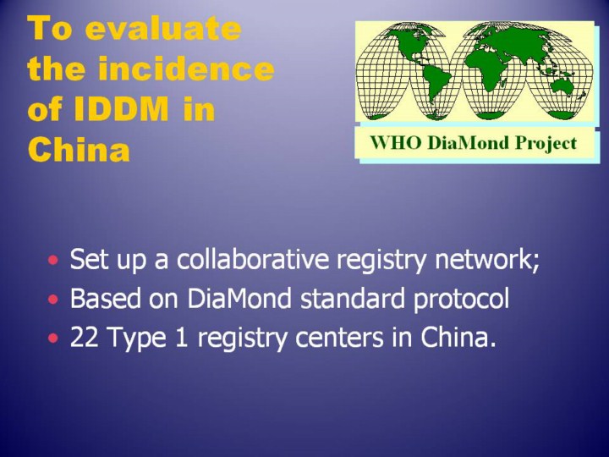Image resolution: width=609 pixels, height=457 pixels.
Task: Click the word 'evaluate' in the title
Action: click(163, 29)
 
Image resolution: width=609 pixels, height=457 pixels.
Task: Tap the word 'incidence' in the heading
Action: click(186, 69)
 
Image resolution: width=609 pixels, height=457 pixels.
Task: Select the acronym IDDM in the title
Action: click(120, 108)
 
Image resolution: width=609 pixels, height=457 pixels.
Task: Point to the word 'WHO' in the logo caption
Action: click(396, 143)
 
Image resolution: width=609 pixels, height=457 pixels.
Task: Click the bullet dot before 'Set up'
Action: click(53, 259)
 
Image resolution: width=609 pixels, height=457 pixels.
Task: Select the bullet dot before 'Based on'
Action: click(53, 300)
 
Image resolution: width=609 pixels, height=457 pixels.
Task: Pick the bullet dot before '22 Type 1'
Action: click(53, 338)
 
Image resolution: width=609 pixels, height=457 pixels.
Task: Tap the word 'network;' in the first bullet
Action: click(487, 259)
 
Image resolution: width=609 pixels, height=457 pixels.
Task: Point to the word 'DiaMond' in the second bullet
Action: click(239, 298)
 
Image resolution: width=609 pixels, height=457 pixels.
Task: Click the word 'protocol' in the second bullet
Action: click(461, 300)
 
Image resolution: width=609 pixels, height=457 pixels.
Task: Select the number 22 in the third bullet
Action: click(84, 337)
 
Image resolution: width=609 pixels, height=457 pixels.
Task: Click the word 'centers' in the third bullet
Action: click(339, 338)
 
